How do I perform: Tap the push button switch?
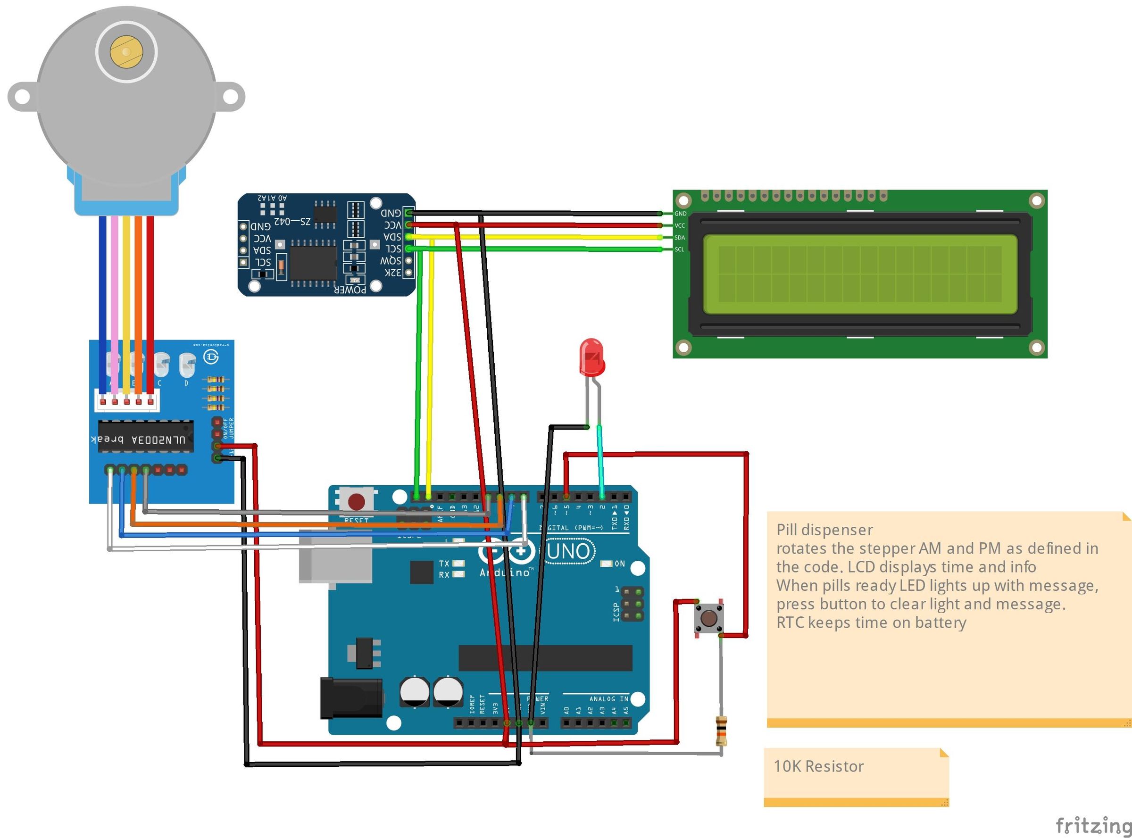708,618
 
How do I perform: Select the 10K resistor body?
721,730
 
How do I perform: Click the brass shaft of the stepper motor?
126,52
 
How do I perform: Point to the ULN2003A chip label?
158,440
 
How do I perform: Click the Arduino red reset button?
356,501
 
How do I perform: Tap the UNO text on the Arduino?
569,551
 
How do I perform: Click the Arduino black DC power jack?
351,698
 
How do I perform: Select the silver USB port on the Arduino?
335,558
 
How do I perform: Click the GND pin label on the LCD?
680,214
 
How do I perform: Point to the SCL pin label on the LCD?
679,249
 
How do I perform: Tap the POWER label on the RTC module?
350,290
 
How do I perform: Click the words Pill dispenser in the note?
824,530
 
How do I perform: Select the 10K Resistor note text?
818,766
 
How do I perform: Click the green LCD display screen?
859,274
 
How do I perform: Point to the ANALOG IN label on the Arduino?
608,699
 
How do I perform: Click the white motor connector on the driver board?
127,401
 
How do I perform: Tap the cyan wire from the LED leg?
600,462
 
